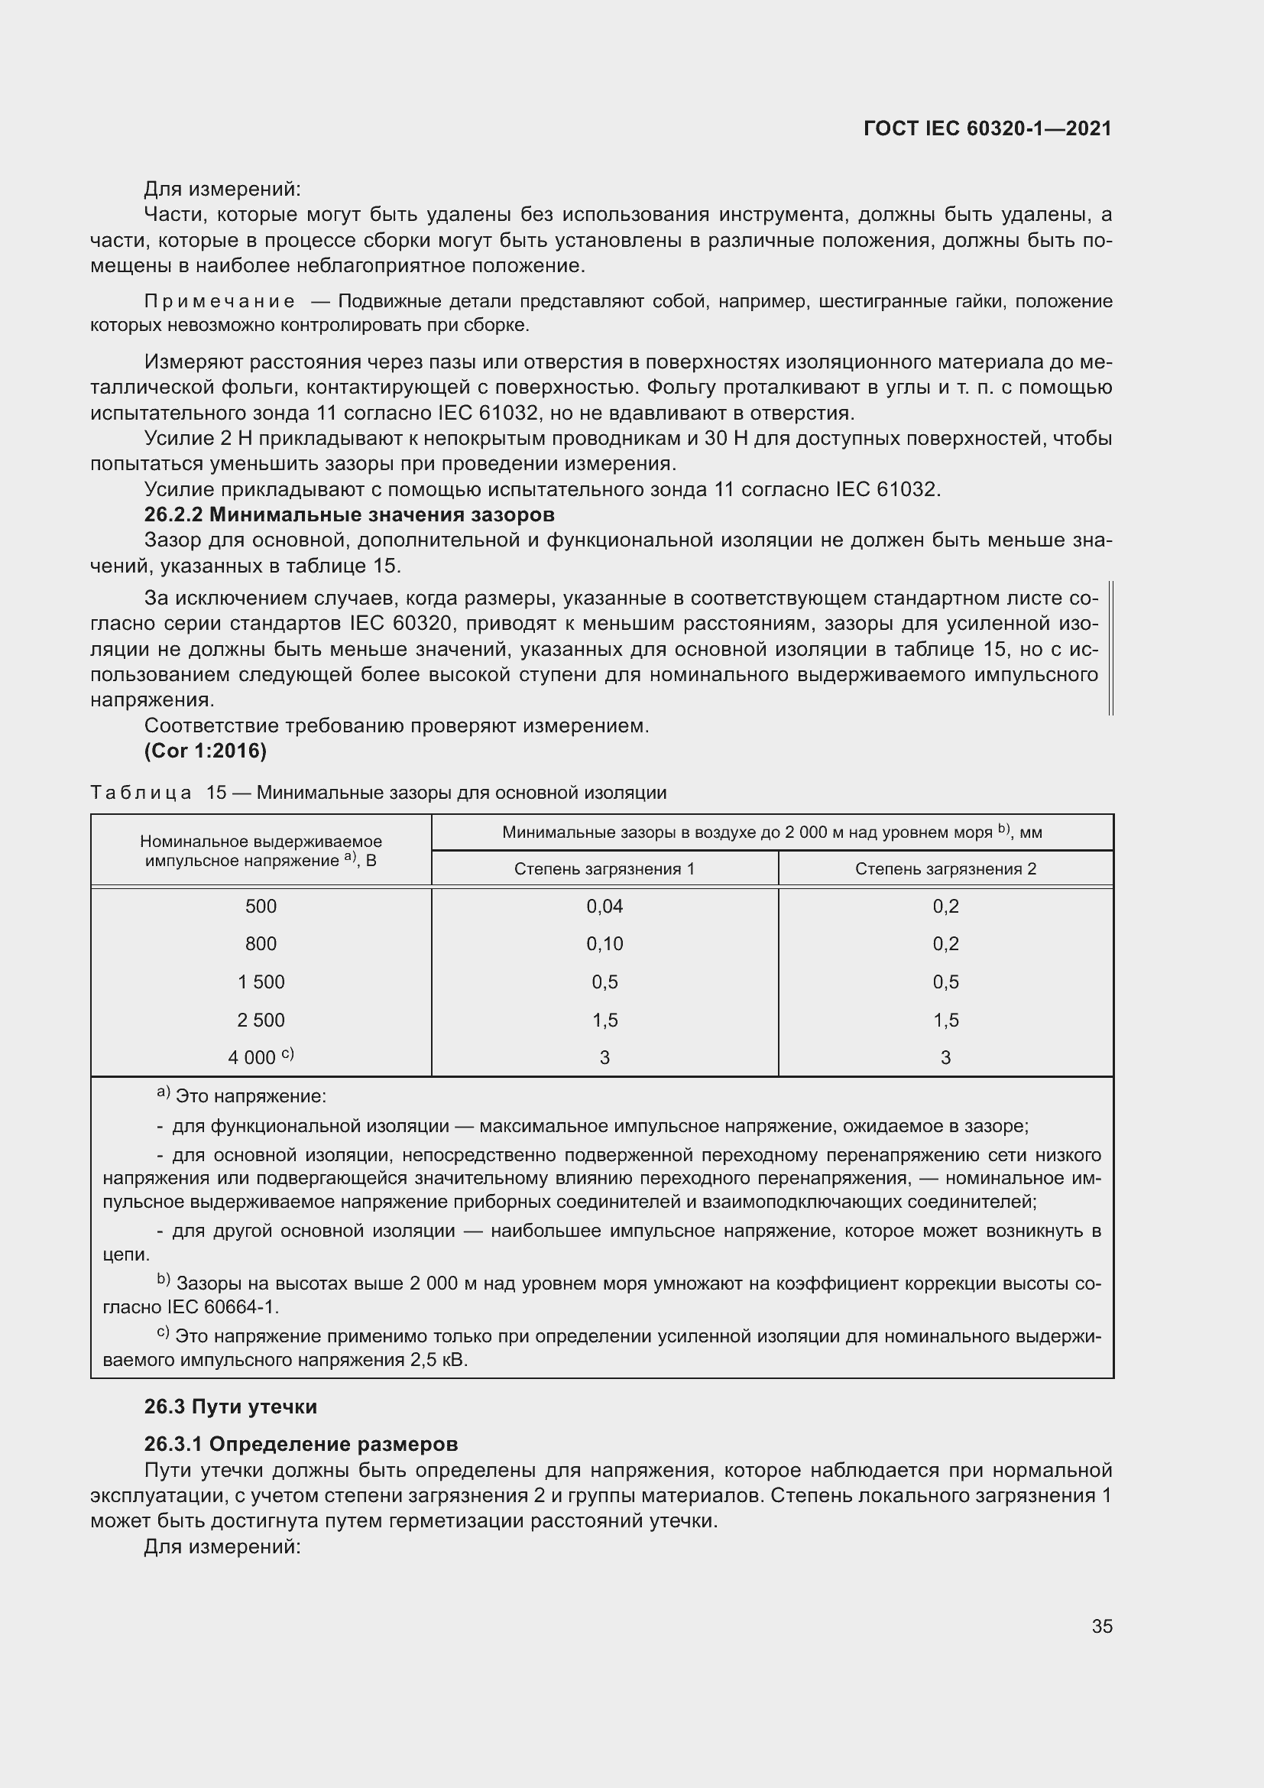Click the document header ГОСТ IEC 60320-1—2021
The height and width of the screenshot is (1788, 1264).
pos(987,128)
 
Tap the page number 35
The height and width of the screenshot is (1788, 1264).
pos(1101,1626)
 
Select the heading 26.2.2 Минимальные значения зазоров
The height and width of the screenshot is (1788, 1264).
pos(349,514)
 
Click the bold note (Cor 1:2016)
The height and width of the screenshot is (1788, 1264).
pos(206,751)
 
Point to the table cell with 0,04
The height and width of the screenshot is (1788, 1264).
pos(604,907)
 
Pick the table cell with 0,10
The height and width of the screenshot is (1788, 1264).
pos(604,944)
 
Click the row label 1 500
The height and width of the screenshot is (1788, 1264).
pos(261,982)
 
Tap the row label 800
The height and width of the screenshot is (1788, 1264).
pos(261,944)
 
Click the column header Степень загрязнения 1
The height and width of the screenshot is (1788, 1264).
pos(604,869)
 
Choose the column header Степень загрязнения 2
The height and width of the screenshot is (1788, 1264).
pos(945,869)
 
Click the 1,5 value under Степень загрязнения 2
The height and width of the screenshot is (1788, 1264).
pos(945,1021)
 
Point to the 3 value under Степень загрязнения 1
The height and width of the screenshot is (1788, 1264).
pos(604,1057)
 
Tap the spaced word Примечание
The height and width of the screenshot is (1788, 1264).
pos(219,301)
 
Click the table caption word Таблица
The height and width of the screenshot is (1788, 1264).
pos(141,793)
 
